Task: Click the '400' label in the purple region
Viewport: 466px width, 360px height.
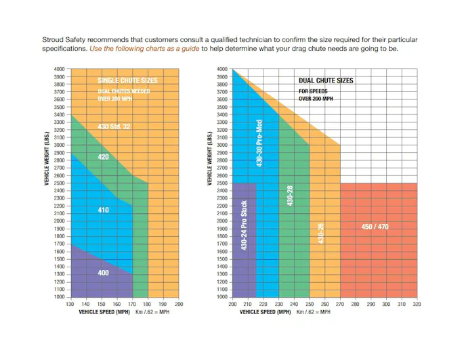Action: coord(103,273)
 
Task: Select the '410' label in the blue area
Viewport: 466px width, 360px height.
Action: coord(103,210)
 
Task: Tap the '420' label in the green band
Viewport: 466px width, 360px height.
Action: coord(103,156)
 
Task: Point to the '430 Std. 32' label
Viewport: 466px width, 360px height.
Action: coord(114,127)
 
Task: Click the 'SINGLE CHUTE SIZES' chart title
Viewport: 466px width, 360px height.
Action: coord(127,81)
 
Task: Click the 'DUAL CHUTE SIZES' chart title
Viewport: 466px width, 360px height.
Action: coord(326,81)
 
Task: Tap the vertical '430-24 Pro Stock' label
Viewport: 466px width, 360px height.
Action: coord(245,226)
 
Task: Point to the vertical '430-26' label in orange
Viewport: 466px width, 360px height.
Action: coord(321,233)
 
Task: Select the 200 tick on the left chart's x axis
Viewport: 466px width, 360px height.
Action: coord(179,305)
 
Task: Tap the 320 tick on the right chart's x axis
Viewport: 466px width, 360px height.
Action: coord(417,305)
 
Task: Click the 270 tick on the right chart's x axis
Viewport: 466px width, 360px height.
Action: coord(340,305)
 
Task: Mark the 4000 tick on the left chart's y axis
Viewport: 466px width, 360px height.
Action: coord(60,69)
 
